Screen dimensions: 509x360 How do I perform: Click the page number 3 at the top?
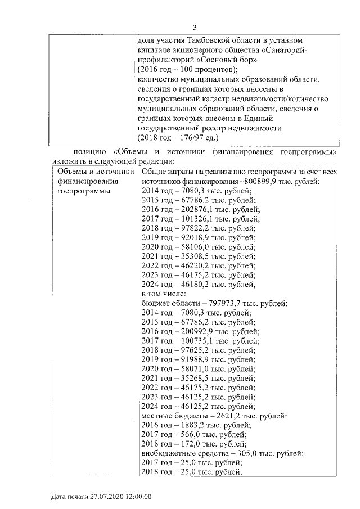pos(194,27)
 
